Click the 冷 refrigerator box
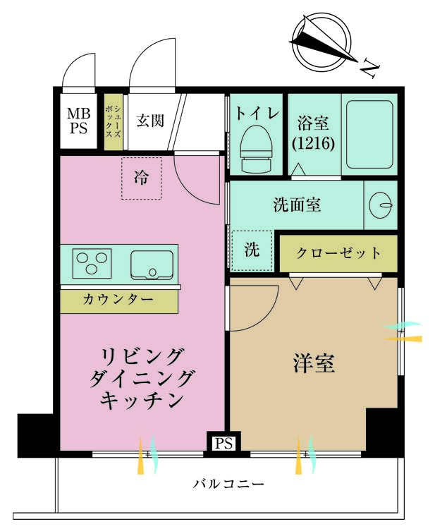click(142, 178)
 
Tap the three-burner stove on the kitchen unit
click(92, 262)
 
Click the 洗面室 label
click(297, 205)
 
